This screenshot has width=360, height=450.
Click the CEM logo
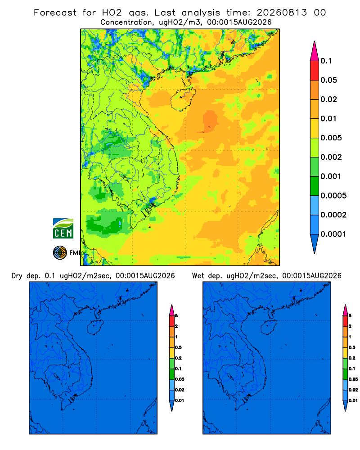click(x=63, y=228)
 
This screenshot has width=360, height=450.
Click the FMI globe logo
click(x=60, y=252)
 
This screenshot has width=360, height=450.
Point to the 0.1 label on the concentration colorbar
click(x=326, y=61)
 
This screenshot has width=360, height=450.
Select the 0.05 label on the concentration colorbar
click(x=328, y=80)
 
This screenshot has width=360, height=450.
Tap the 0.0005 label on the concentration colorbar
click(x=333, y=195)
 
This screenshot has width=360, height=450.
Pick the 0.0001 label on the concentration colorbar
click(x=333, y=234)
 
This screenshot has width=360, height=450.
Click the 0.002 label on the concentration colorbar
click(x=331, y=157)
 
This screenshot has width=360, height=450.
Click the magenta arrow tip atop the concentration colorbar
click(x=315, y=41)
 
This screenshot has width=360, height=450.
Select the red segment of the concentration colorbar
click(x=315, y=71)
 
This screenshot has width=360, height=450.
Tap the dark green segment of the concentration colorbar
click(x=315, y=186)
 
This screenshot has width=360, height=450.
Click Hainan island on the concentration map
click(x=183, y=99)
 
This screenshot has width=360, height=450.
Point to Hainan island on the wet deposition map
click(x=269, y=327)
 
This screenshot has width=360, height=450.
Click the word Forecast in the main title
click(x=55, y=13)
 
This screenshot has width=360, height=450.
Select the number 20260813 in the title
click(x=282, y=13)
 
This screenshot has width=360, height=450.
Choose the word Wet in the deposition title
click(x=198, y=275)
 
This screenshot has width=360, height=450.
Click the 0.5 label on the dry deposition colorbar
click(x=178, y=347)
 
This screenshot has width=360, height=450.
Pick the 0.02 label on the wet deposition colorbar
click(x=353, y=389)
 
